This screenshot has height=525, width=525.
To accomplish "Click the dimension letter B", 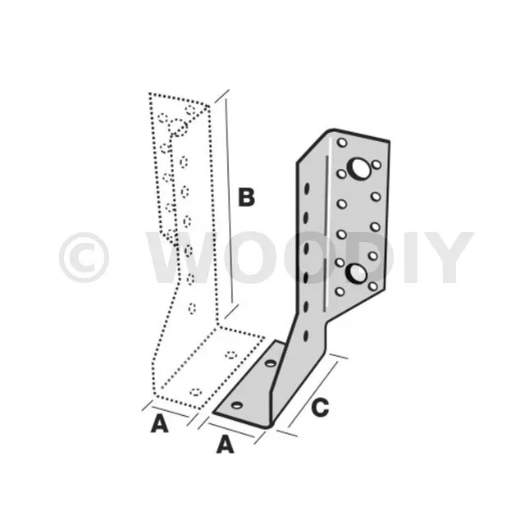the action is (246, 197).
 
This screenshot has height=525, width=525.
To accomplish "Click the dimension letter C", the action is (320, 407).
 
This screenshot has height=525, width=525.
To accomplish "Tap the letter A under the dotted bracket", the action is (159, 423).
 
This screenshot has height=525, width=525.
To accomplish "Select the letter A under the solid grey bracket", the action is (225, 444).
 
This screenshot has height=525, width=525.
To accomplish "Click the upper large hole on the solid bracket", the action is (359, 168).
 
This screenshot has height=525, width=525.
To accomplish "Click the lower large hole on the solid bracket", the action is (356, 273).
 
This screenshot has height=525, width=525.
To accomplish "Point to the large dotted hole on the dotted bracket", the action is (177, 128).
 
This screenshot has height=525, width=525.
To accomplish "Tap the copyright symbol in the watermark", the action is (84, 257).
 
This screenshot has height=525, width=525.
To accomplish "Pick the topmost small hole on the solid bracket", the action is (342, 143).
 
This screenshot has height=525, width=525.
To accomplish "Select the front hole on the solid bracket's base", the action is (237, 405).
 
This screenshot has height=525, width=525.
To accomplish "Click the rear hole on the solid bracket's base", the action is (271, 363).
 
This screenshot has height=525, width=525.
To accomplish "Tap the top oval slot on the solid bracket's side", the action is (306, 188).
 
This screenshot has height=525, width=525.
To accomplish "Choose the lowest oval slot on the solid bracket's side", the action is (306, 336).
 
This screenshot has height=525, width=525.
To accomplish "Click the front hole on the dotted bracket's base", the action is (196, 392).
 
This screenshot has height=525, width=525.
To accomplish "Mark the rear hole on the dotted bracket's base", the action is (231, 354).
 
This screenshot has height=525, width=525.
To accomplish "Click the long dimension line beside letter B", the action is (229, 200).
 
